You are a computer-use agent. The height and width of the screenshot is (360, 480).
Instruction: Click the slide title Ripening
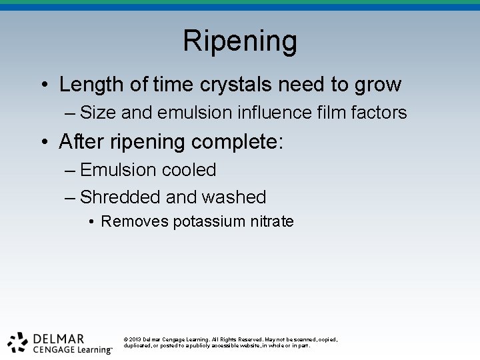[240, 41]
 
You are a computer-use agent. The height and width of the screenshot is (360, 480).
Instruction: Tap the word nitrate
[273, 221]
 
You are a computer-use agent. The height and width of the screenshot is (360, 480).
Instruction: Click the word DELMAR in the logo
[59, 338]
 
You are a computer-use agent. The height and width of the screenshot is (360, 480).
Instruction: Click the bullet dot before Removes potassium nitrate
[90, 222]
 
